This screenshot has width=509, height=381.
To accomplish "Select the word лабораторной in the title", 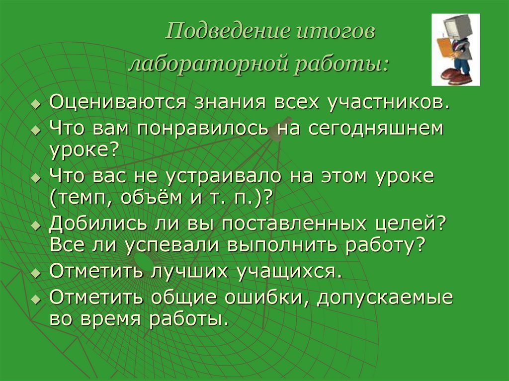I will tap(206, 65).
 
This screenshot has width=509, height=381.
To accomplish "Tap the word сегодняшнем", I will tap(375, 129).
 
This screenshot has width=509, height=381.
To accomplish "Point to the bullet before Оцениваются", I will tap(35, 105).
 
